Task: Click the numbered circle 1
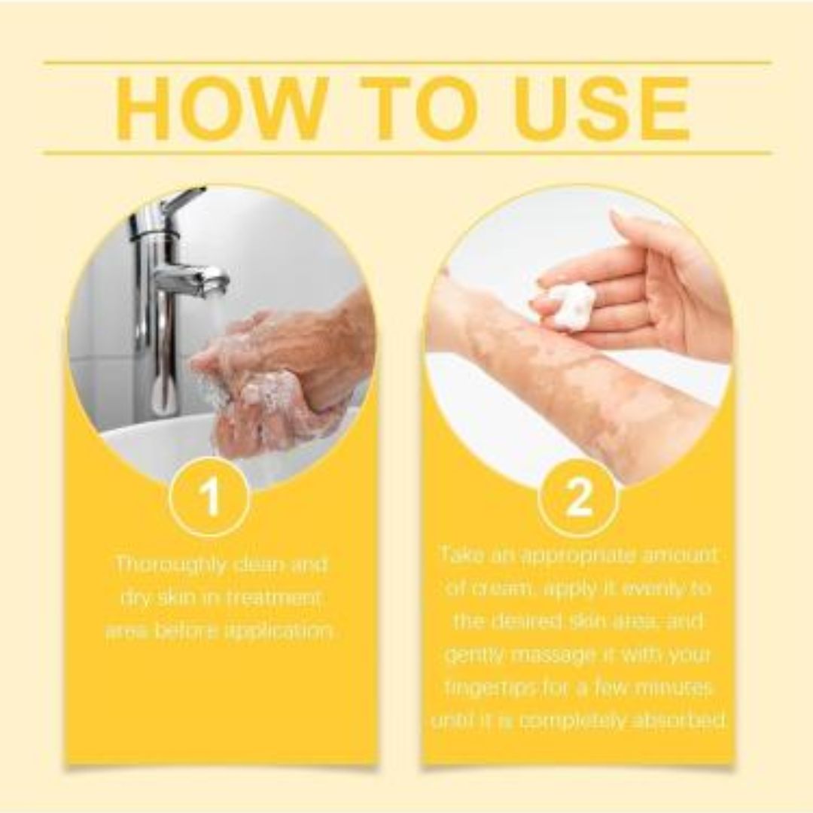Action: tap(212, 498)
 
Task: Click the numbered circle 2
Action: tap(578, 498)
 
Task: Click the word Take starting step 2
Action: tap(460, 555)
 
